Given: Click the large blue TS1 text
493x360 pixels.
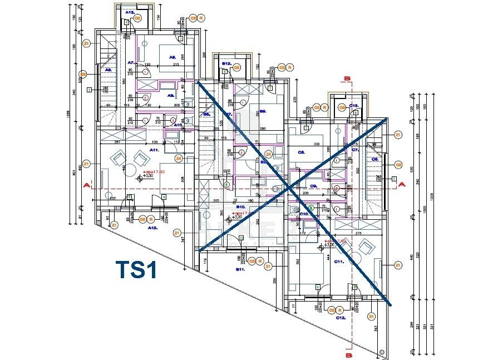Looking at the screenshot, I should click(137, 270).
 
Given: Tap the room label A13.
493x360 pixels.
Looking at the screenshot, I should click(130, 11).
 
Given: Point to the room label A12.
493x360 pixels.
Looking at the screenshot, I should click(151, 228).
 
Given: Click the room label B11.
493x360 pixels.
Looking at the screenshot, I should click(241, 269).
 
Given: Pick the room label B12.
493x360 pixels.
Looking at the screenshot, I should click(226, 64).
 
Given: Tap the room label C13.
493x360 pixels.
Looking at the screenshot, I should click(354, 106).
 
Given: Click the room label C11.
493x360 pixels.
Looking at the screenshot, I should click(339, 260).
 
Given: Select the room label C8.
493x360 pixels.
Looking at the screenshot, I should click(302, 151).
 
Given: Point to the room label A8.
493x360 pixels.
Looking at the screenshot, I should click(172, 57).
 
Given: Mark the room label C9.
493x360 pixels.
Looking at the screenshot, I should click(313, 185).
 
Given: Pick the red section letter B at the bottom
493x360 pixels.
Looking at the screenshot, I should click(348, 353).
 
